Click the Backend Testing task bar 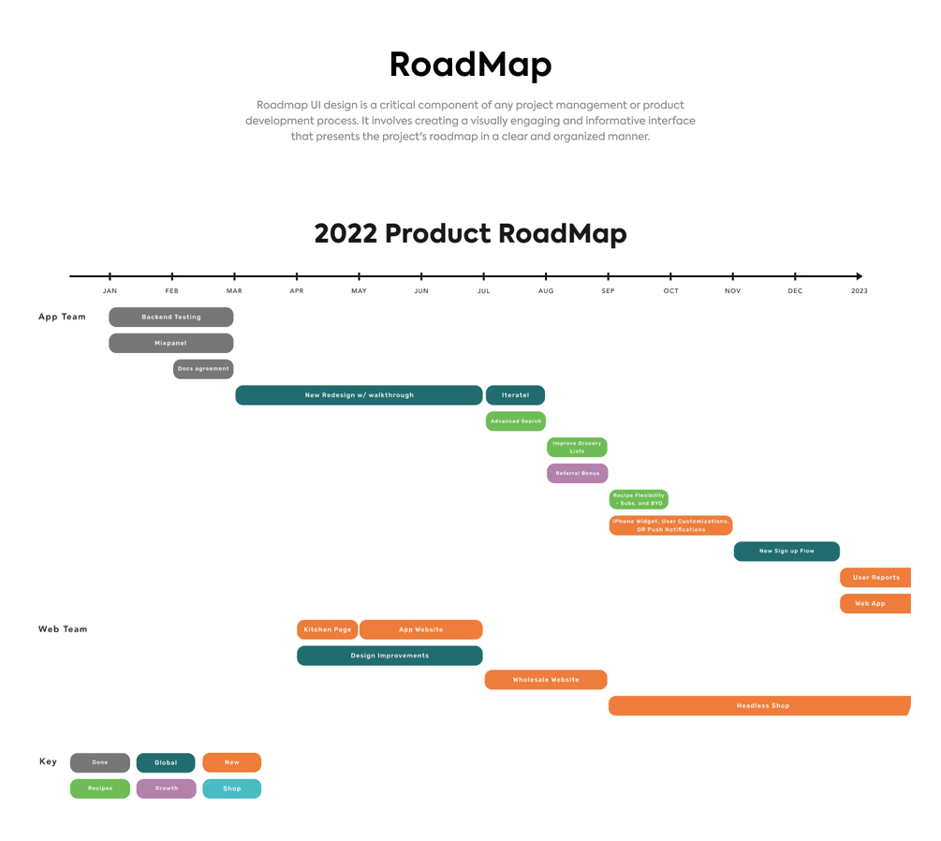click(x=171, y=317)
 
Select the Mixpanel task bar click(x=171, y=344)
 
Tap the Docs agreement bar click(x=203, y=369)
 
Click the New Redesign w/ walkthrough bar click(x=359, y=395)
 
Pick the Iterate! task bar click(x=515, y=395)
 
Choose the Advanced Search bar click(x=515, y=421)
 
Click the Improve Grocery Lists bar click(x=577, y=448)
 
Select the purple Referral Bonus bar click(x=577, y=474)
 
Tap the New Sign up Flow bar click(x=787, y=552)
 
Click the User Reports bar click(x=875, y=578)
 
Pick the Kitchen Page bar click(x=328, y=630)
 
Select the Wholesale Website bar click(x=546, y=680)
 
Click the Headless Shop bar click(x=759, y=706)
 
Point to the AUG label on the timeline click(x=546, y=291)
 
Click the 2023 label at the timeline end click(x=859, y=291)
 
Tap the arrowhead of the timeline click(x=859, y=276)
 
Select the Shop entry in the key click(x=232, y=789)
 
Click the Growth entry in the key click(x=167, y=789)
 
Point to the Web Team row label click(x=63, y=629)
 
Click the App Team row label click(x=62, y=317)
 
